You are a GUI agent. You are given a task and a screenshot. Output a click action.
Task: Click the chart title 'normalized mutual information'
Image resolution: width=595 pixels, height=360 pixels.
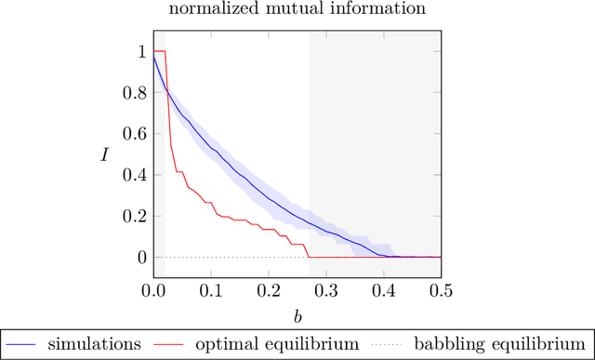pyautogui.click(x=297, y=11)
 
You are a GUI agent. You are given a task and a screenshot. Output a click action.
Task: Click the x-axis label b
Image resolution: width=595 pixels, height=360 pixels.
pyautogui.click(x=297, y=315)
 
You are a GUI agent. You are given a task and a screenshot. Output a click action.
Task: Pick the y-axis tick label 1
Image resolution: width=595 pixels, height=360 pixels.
pyautogui.click(x=140, y=52)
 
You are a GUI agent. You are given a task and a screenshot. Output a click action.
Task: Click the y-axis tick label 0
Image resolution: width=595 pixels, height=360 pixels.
pyautogui.click(x=140, y=257)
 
